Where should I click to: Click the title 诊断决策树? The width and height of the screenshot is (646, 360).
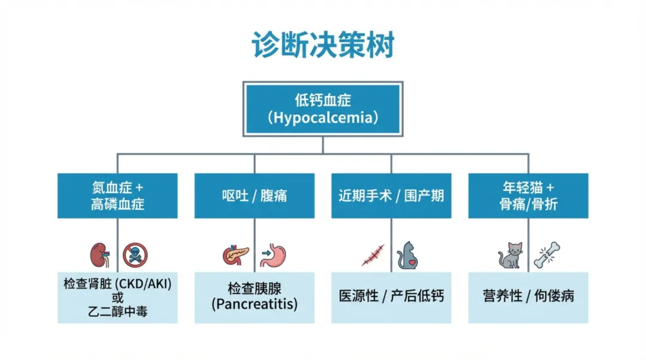pos(323,45)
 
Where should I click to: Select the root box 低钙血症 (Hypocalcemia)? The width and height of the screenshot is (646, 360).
pos(322,108)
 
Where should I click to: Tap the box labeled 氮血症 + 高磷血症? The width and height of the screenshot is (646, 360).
pos(117,196)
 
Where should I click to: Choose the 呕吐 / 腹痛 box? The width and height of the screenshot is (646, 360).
pos(254,196)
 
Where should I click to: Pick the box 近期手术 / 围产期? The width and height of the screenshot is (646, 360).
pos(391,196)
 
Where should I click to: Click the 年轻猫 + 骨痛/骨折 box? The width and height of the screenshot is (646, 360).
pos(528,196)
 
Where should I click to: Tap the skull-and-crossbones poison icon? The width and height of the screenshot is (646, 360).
pos(135,255)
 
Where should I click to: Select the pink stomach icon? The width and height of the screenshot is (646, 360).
pos(274,255)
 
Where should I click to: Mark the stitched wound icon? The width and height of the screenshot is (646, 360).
pos(373,255)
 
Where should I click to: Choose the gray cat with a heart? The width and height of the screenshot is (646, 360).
pos(409,255)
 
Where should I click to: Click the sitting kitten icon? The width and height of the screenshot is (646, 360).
pos(510,255)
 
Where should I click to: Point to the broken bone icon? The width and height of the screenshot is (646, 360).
pos(546,255)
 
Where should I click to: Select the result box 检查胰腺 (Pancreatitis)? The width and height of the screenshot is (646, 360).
pos(254,297)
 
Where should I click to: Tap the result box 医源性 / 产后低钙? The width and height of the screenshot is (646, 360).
pos(391,297)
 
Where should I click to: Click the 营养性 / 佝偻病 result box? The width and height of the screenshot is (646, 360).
pos(528,297)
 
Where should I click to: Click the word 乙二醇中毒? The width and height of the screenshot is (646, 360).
pos(117,311)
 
